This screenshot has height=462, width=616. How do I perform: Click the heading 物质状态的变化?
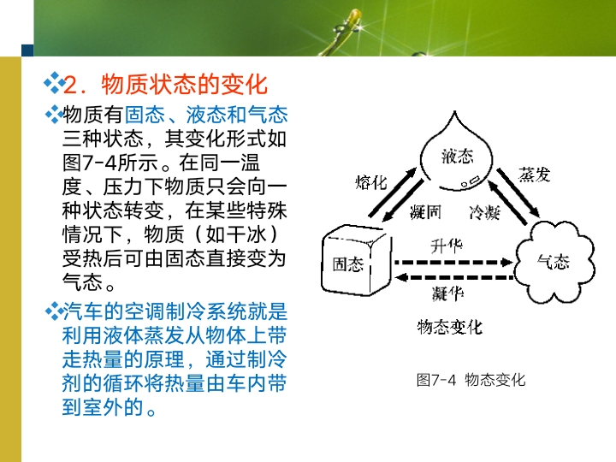point(185,84)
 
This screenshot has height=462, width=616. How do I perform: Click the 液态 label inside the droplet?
point(457,157)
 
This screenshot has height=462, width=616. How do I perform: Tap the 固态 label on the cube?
point(347,264)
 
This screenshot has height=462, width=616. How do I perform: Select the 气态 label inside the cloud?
point(554,262)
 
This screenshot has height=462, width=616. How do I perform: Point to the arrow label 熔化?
point(370,183)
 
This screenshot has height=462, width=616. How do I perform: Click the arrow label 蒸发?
point(534,174)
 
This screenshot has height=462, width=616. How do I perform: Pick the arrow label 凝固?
point(425,212)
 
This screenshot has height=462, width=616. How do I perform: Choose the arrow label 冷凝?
point(485,212)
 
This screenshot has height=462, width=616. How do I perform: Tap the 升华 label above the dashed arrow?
point(447,246)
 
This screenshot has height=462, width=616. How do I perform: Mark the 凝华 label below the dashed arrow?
point(447,293)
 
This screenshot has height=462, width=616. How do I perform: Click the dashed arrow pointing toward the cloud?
point(453,262)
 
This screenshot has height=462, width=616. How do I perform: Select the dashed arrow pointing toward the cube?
point(453,278)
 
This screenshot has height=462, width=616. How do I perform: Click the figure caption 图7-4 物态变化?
point(471,380)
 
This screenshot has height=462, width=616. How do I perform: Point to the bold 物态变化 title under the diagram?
point(450,327)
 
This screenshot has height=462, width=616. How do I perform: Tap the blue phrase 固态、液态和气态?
point(206,115)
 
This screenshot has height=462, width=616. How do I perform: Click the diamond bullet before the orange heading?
point(54,83)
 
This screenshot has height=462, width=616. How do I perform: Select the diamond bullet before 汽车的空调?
point(54,311)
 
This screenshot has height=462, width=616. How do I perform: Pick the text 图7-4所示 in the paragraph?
point(110,163)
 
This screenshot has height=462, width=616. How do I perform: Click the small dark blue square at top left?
point(27,50)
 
